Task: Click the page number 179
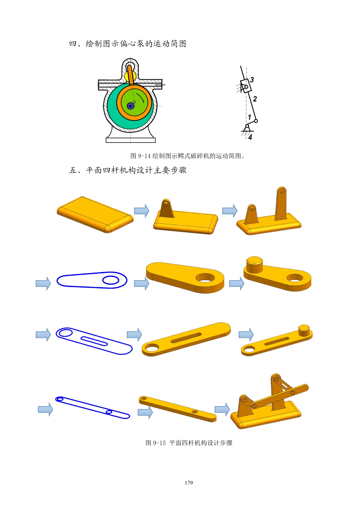click(189, 483)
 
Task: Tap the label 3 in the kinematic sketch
click(252, 80)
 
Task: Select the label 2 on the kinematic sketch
click(255, 99)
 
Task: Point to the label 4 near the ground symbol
click(250, 137)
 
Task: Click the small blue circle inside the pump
click(130, 106)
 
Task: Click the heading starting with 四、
click(127, 44)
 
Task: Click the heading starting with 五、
click(128, 170)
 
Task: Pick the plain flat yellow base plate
click(95, 215)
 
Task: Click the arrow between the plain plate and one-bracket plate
click(142, 211)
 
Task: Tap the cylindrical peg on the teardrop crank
click(255, 265)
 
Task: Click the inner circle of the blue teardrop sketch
click(111, 280)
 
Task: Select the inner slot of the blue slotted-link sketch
click(94, 341)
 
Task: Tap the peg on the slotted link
click(304, 330)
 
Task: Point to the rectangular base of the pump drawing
click(131, 140)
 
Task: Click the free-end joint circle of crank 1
click(256, 121)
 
